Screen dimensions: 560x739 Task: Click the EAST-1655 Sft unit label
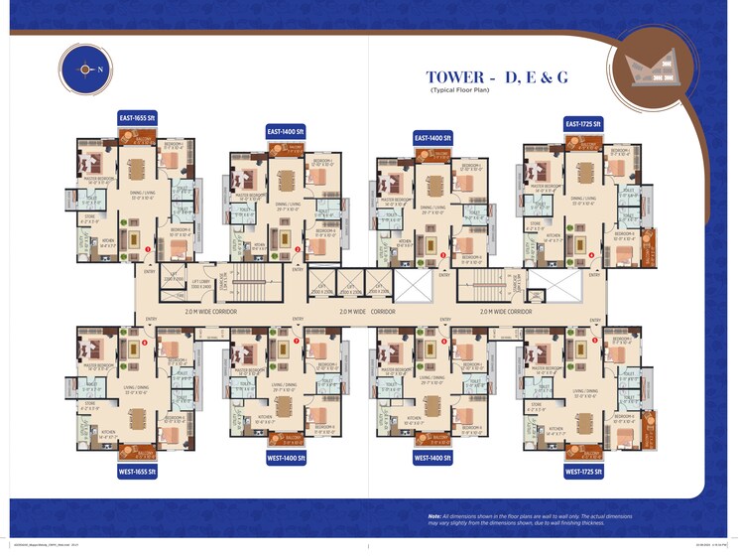click(x=138, y=116)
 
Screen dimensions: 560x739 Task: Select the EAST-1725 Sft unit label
click(x=584, y=123)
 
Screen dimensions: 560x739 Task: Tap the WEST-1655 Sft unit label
click(x=138, y=472)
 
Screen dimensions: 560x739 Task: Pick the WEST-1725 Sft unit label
click(x=584, y=473)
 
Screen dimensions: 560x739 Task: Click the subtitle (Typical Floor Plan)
click(x=461, y=90)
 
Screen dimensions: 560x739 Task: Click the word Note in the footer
click(x=434, y=516)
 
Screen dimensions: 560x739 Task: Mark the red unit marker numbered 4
click(x=591, y=255)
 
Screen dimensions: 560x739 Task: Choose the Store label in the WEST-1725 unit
click(x=537, y=404)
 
